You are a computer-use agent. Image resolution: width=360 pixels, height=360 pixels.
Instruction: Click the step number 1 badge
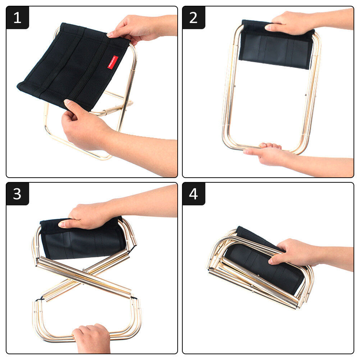[17, 18]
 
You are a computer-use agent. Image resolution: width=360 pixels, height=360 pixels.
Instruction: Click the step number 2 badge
[193, 18]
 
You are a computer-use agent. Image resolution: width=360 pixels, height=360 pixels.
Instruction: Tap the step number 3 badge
[17, 194]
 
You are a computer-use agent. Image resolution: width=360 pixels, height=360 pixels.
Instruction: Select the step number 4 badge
[193, 194]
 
